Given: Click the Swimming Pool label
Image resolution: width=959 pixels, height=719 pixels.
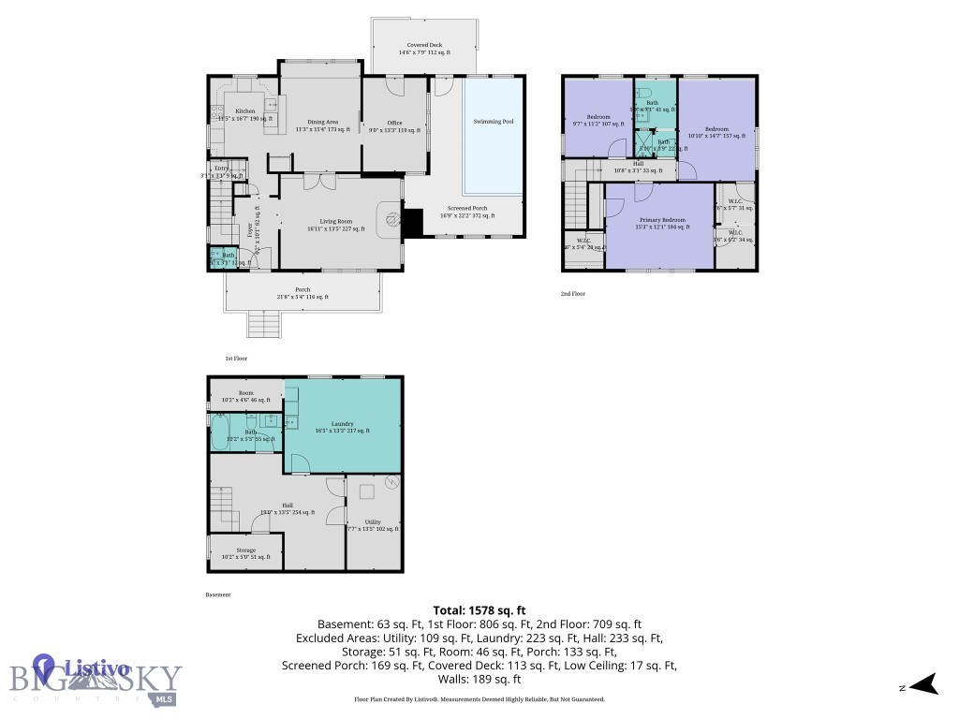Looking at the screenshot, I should click(x=493, y=122).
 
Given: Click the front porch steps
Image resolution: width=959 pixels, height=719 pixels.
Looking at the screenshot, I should click(x=263, y=325).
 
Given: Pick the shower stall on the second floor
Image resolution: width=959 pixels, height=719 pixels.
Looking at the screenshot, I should click(x=645, y=144).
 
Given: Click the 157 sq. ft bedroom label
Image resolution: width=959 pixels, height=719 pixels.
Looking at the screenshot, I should click(x=716, y=131).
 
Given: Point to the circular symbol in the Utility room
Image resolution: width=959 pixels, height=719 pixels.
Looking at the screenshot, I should click(x=391, y=484).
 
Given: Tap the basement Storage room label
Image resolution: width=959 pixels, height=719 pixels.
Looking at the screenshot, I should click(x=245, y=552).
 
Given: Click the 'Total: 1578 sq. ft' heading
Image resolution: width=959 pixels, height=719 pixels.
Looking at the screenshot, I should click(x=479, y=610).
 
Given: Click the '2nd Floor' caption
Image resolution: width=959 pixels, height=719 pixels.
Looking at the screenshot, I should click(x=574, y=294).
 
